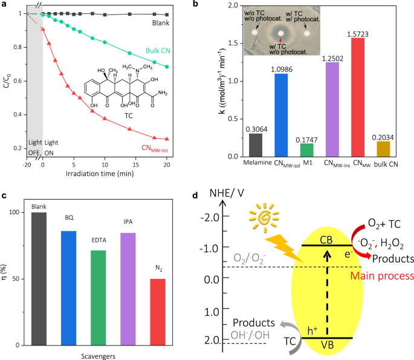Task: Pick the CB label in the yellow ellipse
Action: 327,238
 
